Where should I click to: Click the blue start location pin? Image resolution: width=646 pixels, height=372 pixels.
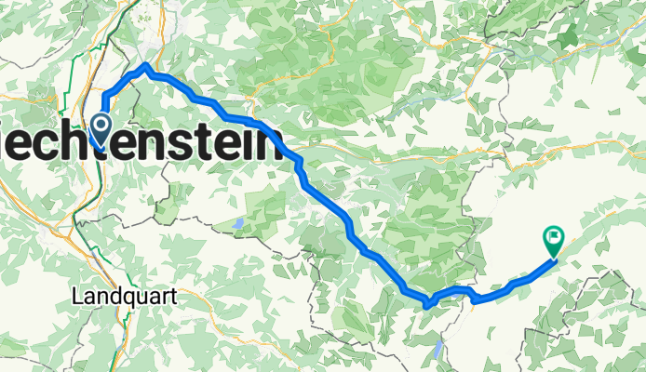[100, 127]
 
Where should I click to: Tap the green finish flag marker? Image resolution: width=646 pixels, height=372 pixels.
[553, 240]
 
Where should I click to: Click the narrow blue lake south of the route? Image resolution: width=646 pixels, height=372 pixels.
[438, 350]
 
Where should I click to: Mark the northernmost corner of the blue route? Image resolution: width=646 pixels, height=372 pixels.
[146, 66]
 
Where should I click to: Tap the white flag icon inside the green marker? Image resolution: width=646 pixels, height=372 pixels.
[553, 237]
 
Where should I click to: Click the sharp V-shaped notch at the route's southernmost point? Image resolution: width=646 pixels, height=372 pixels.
[427, 303]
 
